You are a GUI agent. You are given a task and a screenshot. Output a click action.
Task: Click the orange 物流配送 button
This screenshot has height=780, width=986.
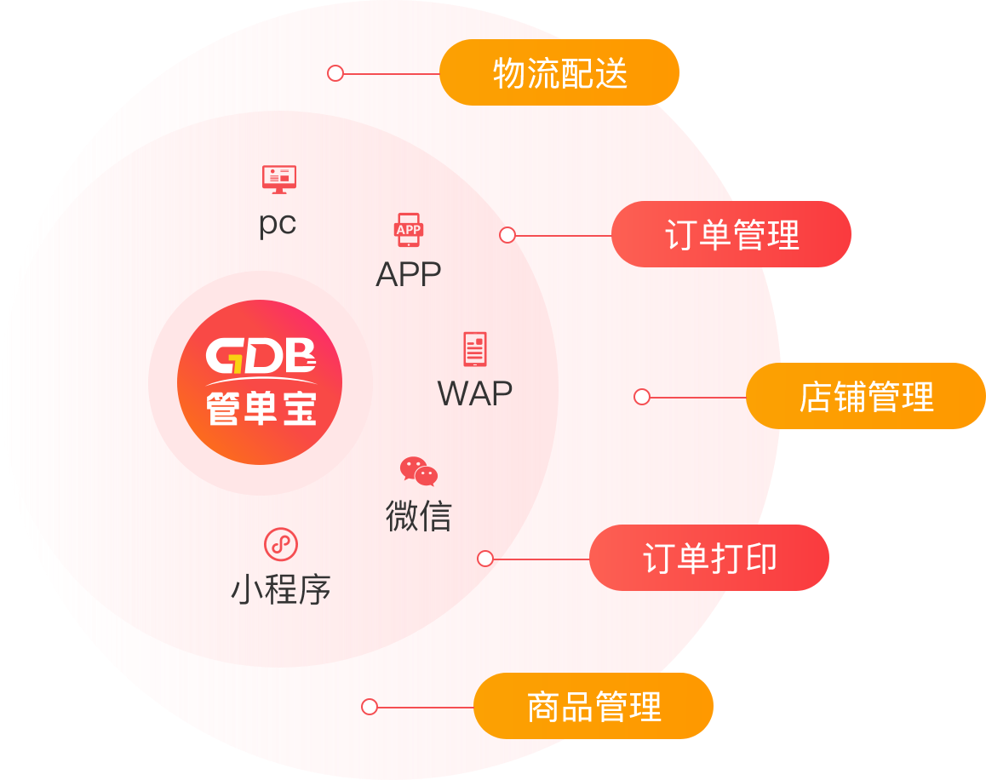click(x=559, y=73)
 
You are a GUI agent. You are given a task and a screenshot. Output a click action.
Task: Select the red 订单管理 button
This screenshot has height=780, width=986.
click(x=731, y=235)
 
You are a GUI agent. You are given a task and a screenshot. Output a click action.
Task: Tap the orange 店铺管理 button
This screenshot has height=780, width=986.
click(x=866, y=397)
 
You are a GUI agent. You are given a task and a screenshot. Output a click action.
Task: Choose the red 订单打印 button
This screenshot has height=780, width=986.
click(x=709, y=559)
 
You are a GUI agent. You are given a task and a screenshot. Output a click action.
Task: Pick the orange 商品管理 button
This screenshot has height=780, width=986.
click(x=593, y=707)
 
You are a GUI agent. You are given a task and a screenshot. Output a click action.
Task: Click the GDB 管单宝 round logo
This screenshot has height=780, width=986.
click(x=260, y=382)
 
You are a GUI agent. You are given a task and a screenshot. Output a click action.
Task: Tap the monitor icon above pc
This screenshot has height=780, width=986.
click(x=278, y=179)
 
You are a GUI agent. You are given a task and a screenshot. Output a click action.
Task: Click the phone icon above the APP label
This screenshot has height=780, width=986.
click(x=409, y=229)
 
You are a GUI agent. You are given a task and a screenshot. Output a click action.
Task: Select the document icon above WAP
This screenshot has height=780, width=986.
click(x=474, y=349)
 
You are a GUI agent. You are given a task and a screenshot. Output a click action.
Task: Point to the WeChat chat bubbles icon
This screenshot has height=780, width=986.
click(x=419, y=471)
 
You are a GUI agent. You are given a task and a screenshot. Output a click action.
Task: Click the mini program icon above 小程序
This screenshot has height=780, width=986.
click(x=281, y=543)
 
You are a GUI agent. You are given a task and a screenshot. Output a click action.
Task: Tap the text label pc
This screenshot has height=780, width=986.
click(x=278, y=224)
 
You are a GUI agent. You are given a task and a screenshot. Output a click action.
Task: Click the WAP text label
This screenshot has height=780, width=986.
click(x=474, y=394)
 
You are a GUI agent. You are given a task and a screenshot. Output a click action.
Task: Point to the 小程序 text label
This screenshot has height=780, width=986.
click(x=281, y=590)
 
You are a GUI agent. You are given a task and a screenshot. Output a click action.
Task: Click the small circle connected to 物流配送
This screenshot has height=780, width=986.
click(x=335, y=73)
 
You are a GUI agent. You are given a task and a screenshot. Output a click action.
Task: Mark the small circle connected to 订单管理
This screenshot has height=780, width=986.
click(x=507, y=235)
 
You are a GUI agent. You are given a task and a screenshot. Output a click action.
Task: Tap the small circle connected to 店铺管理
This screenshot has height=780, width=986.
click(x=642, y=397)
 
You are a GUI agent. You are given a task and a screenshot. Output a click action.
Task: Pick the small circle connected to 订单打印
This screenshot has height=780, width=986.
click(x=485, y=559)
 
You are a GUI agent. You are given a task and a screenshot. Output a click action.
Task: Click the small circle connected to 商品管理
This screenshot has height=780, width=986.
click(x=370, y=707)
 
